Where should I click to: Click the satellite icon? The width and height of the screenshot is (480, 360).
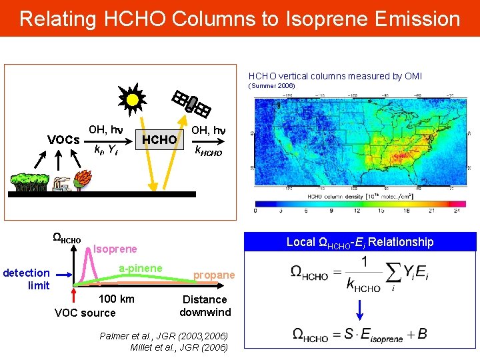[191, 103]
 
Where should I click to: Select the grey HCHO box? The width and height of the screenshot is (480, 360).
[159, 140]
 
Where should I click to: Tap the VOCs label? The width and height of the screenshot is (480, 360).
[63, 140]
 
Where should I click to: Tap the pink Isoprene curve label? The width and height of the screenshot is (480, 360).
[115, 249]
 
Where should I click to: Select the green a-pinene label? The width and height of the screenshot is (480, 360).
[140, 268]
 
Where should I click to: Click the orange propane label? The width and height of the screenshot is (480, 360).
[214, 275]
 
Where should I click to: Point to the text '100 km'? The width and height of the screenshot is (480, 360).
[116, 299]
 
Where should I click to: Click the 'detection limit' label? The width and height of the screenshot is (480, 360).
[27, 279]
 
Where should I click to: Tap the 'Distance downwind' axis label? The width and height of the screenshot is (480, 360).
[205, 305]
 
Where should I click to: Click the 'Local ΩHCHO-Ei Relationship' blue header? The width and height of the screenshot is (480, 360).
[360, 242]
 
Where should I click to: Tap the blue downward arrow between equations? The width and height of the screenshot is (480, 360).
[360, 309]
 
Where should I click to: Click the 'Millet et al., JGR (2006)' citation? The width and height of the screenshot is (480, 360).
[179, 347]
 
